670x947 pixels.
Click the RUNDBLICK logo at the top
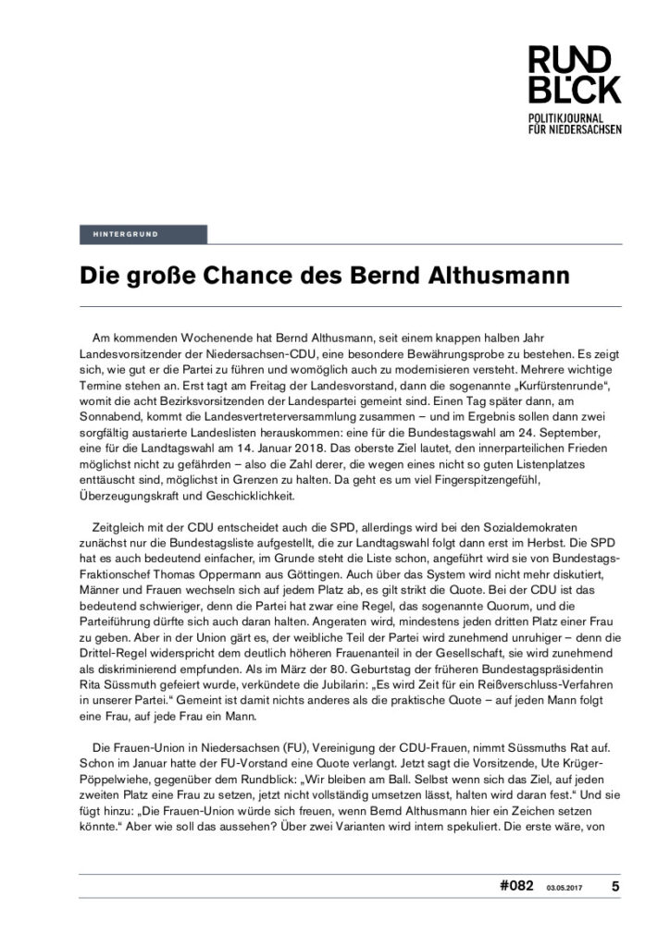coord(575,76)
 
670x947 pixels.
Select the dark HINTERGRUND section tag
coord(143,234)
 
